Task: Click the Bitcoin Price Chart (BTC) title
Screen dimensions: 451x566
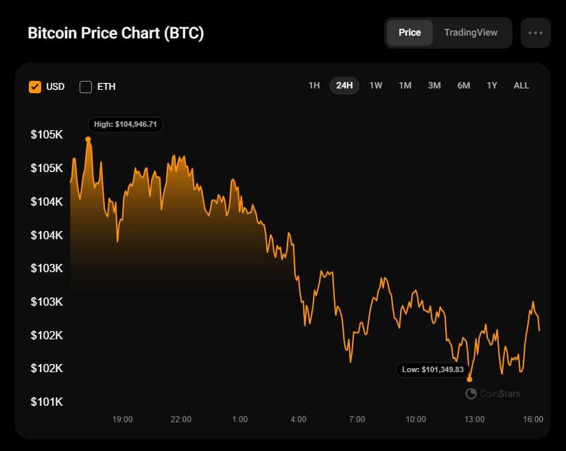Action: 115,34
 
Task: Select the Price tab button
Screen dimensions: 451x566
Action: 410,32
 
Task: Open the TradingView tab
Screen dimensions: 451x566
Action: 471,32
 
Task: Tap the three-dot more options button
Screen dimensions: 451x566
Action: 535,33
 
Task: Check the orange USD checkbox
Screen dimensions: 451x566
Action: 35,87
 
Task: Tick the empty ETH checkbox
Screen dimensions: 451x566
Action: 86,87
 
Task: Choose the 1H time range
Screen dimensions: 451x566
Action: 314,86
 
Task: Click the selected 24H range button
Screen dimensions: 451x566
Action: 344,86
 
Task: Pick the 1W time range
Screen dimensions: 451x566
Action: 375,86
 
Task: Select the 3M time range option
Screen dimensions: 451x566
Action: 434,86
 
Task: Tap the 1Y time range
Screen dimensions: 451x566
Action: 492,86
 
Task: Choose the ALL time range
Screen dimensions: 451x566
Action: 521,86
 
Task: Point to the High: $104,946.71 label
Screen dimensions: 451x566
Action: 126,125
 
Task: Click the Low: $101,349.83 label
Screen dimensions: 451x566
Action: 434,369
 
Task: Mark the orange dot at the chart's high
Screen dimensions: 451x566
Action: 88,139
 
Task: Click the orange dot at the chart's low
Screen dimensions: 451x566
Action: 469,379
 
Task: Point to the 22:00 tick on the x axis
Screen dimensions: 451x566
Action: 181,419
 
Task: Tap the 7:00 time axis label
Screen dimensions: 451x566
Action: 357,419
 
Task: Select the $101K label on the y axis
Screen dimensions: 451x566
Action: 47,402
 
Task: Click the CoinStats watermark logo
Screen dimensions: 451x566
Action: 493,393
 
